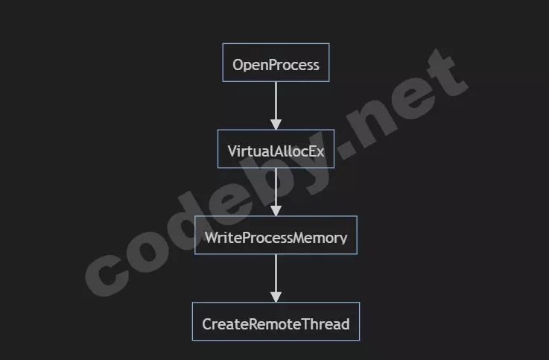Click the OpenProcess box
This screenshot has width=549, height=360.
[x=276, y=63]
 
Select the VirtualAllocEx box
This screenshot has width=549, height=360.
[x=276, y=149]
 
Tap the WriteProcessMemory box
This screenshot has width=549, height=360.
[x=276, y=236]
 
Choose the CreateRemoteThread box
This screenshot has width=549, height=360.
[x=276, y=322]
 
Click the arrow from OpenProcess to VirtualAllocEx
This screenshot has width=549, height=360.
[x=276, y=101]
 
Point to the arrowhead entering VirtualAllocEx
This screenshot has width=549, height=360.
[x=276, y=124]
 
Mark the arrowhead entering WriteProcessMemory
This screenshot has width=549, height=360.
[x=276, y=211]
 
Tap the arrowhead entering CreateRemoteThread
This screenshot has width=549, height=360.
[x=276, y=297]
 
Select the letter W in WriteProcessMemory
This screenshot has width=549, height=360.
[x=212, y=238]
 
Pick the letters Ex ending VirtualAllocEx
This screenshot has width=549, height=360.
[x=317, y=151]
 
